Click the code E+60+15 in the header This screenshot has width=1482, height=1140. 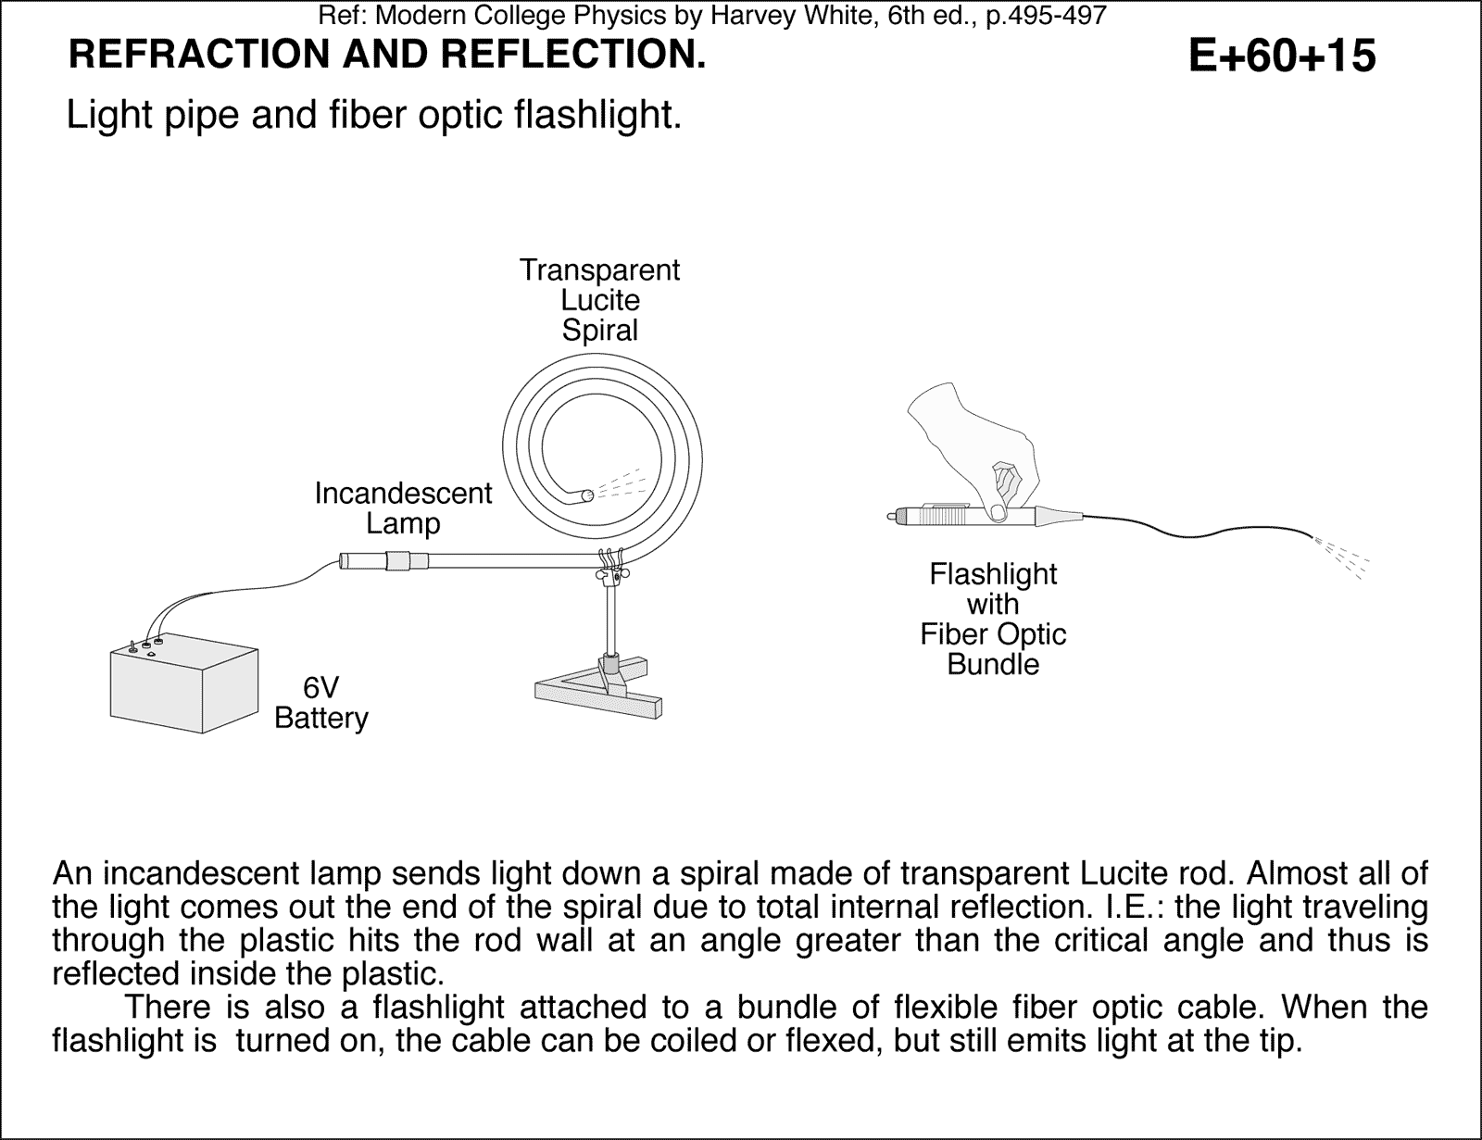tap(1281, 56)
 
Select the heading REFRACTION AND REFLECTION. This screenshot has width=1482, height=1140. tap(387, 56)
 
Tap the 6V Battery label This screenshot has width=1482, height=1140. tap(321, 703)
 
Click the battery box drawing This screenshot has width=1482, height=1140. tap(183, 690)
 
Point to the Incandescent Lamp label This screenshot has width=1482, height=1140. tap(403, 507)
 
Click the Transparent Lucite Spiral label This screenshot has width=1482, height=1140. tap(599, 300)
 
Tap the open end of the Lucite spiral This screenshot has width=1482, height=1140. tap(586, 496)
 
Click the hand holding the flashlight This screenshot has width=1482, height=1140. tap(973, 435)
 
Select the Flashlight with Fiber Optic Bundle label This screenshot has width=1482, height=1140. tap(993, 619)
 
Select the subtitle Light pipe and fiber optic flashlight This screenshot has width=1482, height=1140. tap(374, 116)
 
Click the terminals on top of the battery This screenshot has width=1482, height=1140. tap(146, 645)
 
